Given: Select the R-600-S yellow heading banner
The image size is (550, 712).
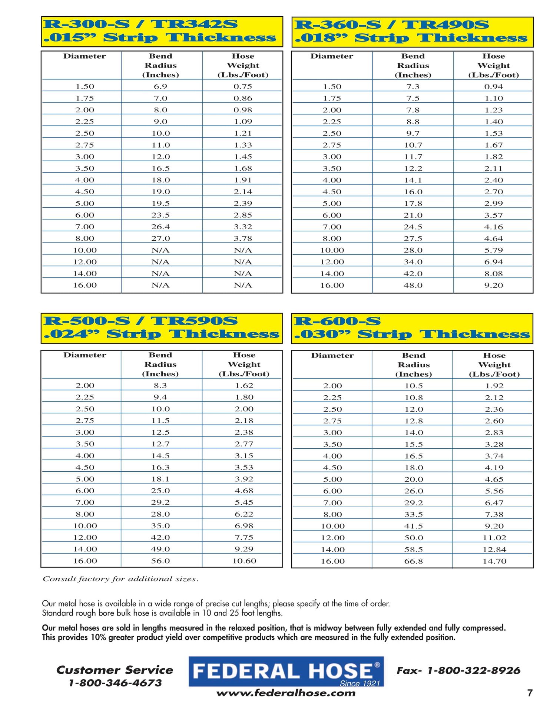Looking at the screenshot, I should click(x=412, y=328).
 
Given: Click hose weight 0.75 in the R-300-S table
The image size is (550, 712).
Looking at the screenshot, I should click(x=243, y=86).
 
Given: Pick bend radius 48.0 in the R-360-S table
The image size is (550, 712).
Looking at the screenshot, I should click(x=413, y=285).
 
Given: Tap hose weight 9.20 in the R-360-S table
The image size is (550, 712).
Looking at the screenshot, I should click(x=493, y=285).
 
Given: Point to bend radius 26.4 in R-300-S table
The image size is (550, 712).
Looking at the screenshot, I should click(x=160, y=227).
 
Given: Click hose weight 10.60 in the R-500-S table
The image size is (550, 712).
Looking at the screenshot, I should click(x=244, y=561).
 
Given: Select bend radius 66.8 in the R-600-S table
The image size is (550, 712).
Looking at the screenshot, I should click(x=413, y=561).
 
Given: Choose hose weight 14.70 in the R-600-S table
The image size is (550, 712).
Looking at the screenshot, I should click(x=494, y=561).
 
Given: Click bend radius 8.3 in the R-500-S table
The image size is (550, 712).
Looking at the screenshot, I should click(x=160, y=385).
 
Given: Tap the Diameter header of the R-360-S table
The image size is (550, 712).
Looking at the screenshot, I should click(x=332, y=56).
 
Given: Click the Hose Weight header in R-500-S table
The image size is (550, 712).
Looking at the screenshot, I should click(x=244, y=364).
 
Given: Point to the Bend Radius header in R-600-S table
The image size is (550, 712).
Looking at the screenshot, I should click(x=413, y=365).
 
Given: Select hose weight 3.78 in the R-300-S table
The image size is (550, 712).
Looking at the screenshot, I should click(x=243, y=238).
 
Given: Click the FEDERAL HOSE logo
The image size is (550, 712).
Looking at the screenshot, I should click(x=286, y=672).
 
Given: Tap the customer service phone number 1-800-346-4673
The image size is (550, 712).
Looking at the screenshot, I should click(x=115, y=683).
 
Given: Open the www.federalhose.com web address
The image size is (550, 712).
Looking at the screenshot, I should click(x=286, y=693).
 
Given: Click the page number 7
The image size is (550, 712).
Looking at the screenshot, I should click(x=530, y=693).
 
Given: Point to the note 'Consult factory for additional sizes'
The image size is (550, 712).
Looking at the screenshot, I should click(x=120, y=579).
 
